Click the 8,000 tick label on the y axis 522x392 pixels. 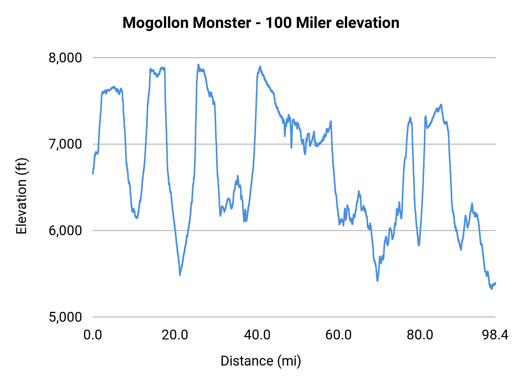65,58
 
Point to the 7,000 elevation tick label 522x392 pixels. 65,144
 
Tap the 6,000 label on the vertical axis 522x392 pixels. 65,231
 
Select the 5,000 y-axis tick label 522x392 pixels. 65,317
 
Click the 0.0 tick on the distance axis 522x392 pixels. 93,335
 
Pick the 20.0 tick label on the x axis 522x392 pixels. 175,335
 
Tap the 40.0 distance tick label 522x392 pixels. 257,335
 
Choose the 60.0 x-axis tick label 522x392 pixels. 338,335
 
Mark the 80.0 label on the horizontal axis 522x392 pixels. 420,335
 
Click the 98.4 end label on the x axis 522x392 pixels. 495,335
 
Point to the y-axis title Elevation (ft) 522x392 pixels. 21,196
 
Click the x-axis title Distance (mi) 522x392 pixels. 261,361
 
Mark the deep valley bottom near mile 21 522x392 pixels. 180,274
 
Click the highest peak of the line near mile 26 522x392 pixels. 198,65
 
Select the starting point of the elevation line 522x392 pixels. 93,174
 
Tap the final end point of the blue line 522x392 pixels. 495,283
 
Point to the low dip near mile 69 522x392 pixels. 377,280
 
